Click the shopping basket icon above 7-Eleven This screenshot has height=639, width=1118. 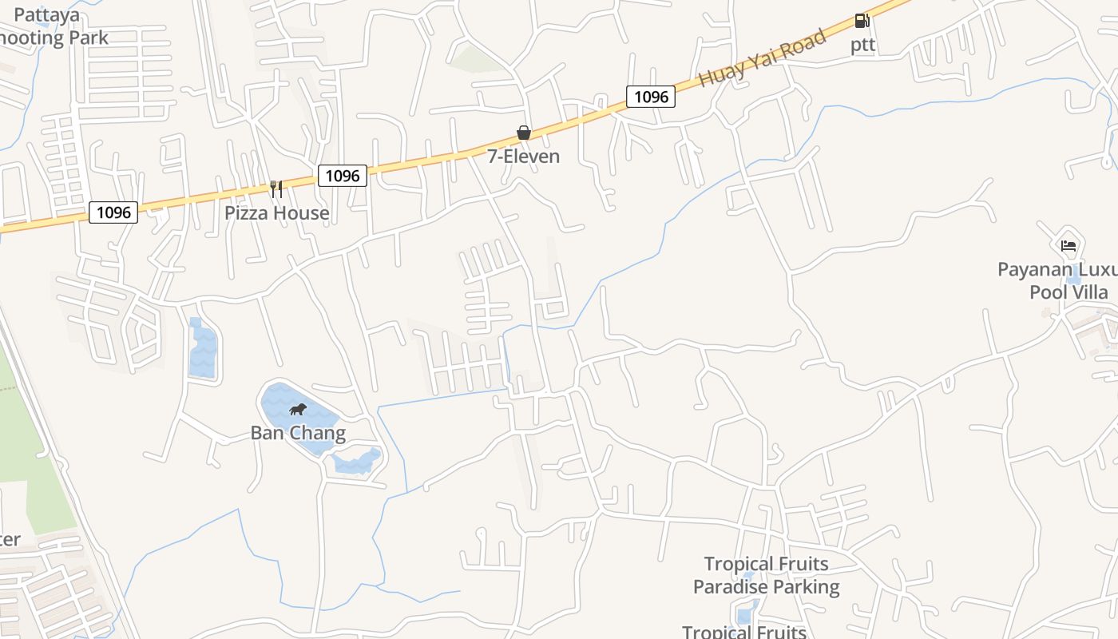point(524,133)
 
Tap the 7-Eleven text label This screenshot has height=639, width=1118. point(524,157)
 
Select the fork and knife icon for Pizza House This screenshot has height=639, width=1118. point(276,189)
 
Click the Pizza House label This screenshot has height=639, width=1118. point(276,213)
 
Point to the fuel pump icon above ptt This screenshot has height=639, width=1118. point(862,21)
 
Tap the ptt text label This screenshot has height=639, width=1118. point(862,45)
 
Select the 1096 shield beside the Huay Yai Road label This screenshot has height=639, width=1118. point(650,97)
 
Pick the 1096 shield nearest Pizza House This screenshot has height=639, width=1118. point(343,176)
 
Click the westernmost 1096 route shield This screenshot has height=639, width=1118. point(113,212)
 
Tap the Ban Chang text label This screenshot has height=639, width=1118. point(298,434)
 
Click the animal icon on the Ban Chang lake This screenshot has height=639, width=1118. point(298,410)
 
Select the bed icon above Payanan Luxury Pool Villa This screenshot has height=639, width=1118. point(1068,245)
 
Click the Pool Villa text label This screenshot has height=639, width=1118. point(1068,292)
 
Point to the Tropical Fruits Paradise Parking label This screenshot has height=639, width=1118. point(766,576)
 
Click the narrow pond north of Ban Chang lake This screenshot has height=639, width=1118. point(203,350)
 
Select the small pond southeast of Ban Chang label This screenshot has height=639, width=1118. point(357,462)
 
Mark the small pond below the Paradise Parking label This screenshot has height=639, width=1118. point(744,616)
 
